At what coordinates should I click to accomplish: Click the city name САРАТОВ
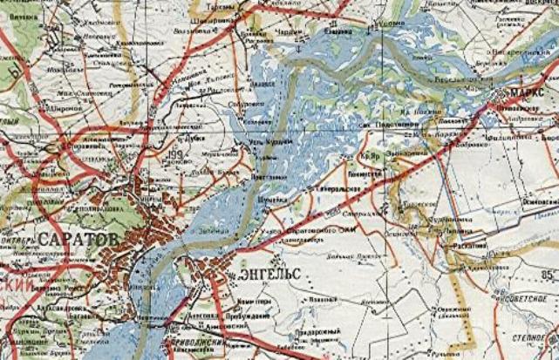coord(78,238)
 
